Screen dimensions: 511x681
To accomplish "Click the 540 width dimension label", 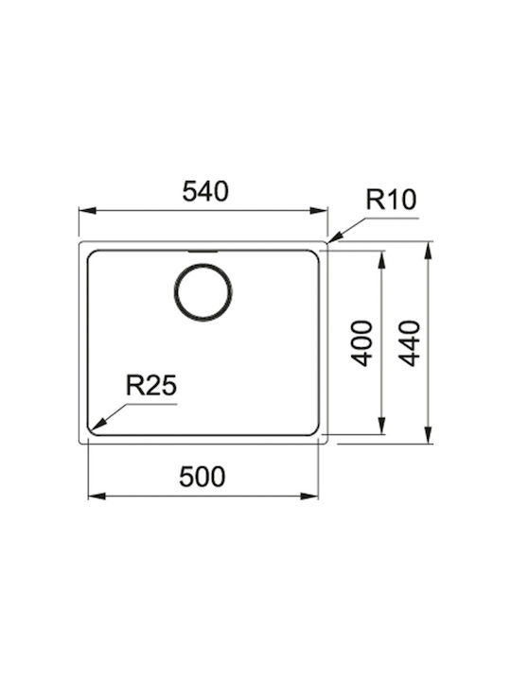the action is click(205, 191).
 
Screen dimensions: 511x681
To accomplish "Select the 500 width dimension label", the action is click(203, 477).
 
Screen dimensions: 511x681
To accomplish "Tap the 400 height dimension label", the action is click(361, 342).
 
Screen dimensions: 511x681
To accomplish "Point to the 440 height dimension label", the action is click(410, 343).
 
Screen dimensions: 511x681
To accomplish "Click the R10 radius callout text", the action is click(391, 201).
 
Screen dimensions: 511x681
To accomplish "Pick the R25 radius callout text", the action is click(151, 385).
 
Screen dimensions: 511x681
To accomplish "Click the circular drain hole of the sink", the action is click(203, 292).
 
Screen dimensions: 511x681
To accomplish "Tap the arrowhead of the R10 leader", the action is click(336, 236).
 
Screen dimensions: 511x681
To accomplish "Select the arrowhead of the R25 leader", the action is click(97, 422).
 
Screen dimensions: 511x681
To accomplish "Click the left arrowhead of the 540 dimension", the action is click(87, 211).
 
